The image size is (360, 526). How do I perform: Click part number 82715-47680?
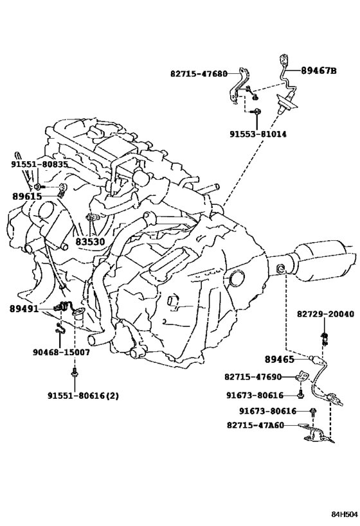199,74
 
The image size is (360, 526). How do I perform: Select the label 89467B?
319,71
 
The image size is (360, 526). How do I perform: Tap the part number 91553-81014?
258,134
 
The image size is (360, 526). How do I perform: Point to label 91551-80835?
39,164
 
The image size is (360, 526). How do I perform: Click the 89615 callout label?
27,197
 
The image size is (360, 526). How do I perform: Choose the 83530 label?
89,241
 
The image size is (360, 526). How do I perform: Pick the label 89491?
24,309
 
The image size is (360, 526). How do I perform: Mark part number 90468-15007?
61,352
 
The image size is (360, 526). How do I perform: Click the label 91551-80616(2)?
83,396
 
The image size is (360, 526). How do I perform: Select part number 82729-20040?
325,314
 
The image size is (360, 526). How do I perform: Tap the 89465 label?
280,359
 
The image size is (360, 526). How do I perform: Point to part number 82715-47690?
253,377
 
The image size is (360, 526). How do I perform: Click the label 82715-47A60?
255,425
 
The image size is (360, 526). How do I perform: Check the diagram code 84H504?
344,514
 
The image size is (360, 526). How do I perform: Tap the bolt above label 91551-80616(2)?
73,373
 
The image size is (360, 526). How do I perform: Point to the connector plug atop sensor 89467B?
283,59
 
